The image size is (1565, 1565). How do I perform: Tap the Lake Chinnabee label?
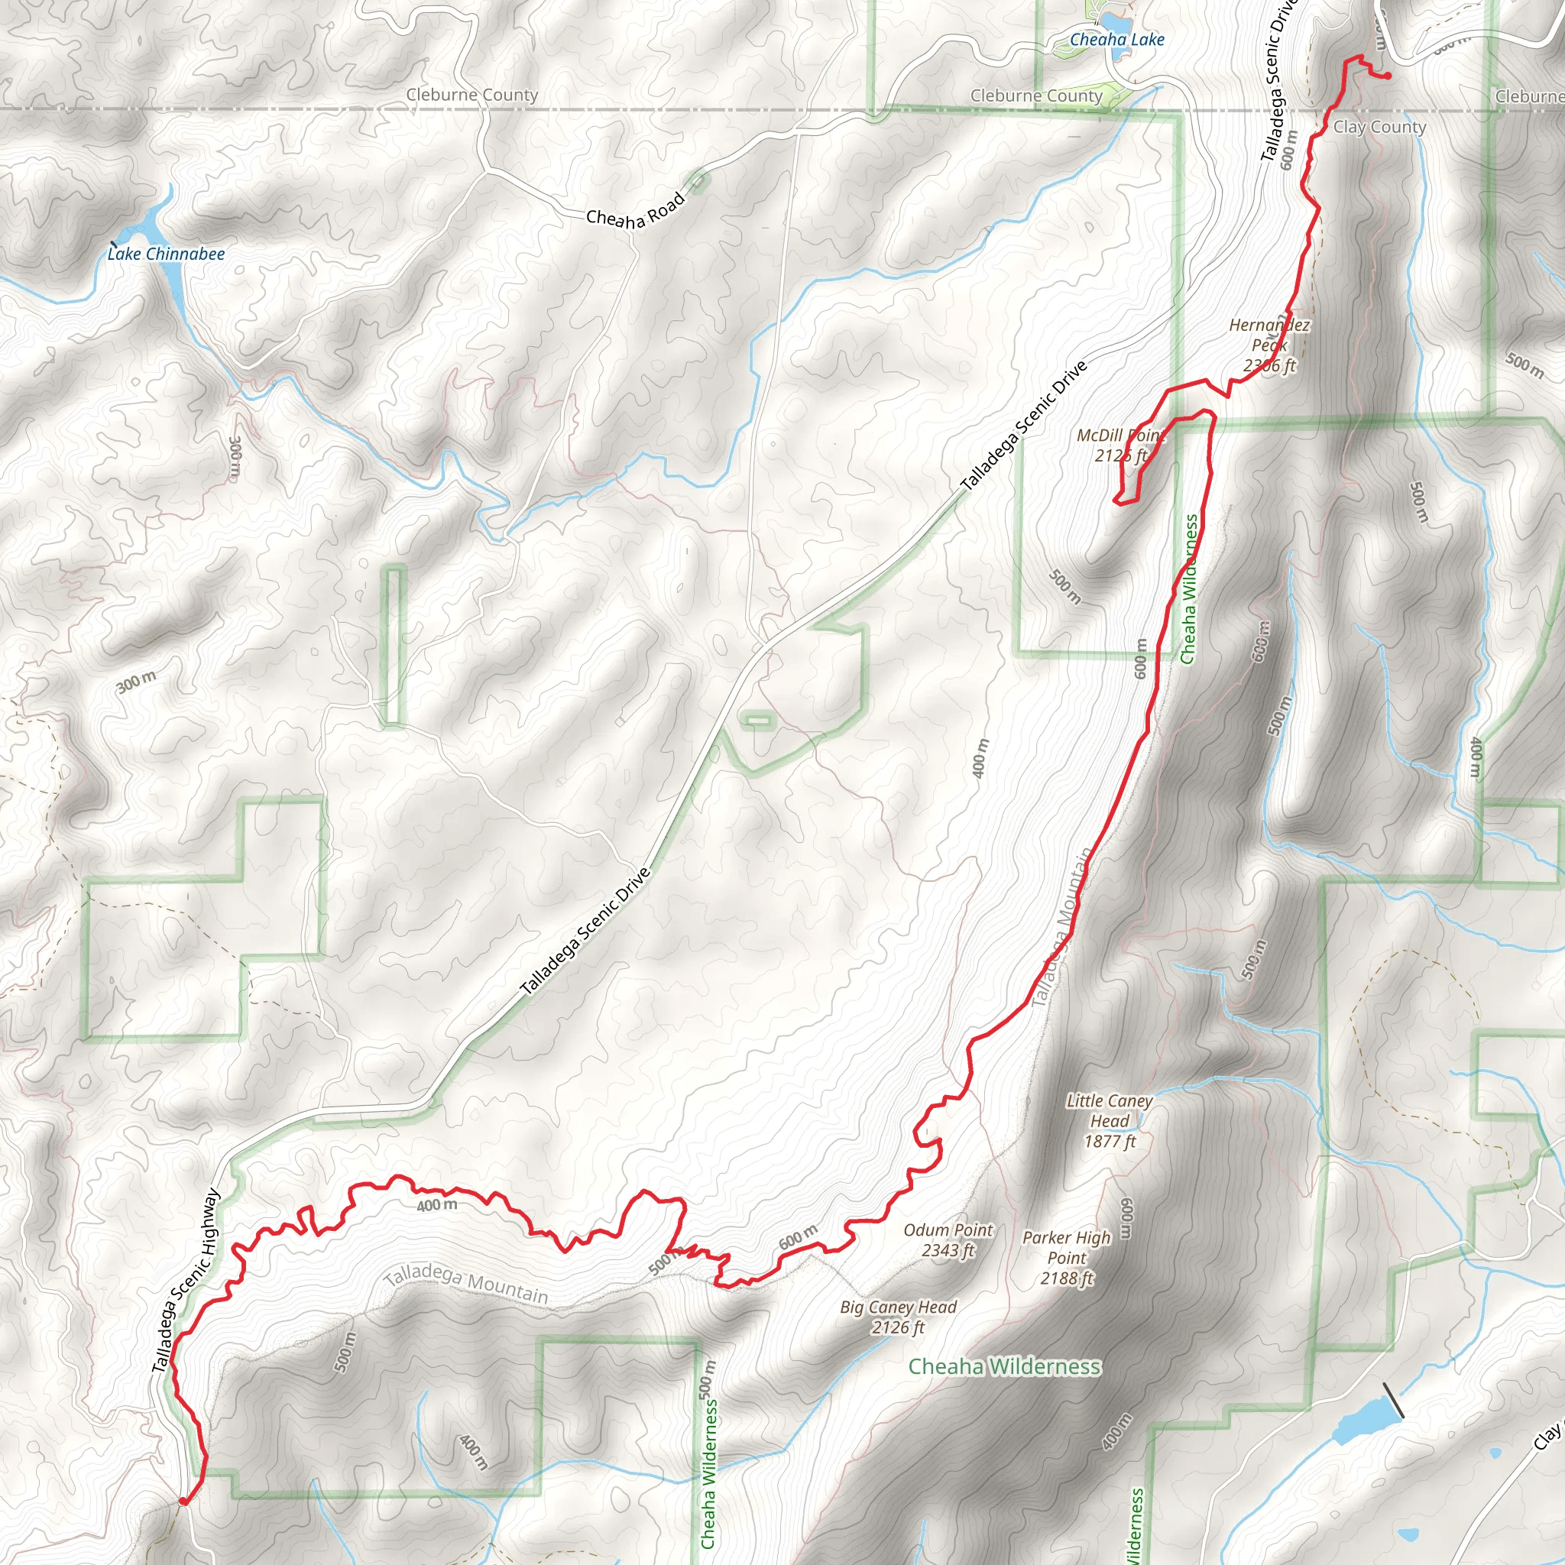coord(166,254)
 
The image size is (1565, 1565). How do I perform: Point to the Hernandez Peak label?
coord(1269,345)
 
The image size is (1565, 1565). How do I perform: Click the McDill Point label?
coord(1120,445)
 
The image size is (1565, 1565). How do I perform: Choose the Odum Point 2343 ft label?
coord(948,1239)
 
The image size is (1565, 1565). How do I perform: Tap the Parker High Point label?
coord(1067,1257)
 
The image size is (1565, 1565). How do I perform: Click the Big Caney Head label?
coord(899,1317)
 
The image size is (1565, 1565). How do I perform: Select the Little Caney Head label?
coord(1109,1120)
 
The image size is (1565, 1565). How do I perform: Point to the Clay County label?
coord(1379,127)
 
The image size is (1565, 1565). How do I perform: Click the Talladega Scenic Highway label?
coord(186,1280)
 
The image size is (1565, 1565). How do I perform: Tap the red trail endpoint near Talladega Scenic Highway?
coord(184,1501)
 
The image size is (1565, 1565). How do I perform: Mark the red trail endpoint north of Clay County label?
coord(1388,76)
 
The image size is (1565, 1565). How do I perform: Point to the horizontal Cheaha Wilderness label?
coord(1003,1366)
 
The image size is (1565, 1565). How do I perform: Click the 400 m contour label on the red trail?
coord(436,1205)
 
